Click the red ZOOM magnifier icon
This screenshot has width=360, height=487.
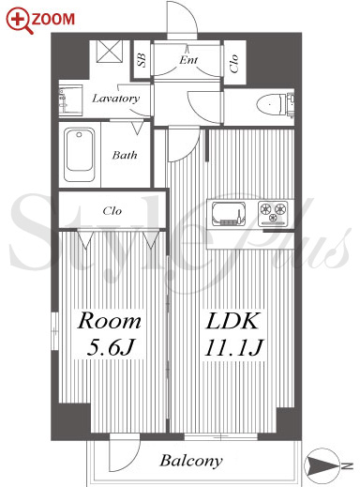click(x=20, y=21)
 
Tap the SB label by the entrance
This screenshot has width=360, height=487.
click(x=142, y=60)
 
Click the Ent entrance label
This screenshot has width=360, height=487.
click(x=188, y=59)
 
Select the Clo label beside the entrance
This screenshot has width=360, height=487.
click(x=234, y=64)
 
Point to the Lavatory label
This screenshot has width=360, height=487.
click(x=115, y=99)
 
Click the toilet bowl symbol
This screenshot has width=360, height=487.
click(x=271, y=103)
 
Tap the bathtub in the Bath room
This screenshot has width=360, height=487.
click(x=80, y=155)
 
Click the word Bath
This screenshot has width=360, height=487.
click(x=125, y=155)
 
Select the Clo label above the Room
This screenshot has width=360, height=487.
click(x=112, y=211)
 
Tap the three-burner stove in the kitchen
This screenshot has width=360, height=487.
click(x=273, y=213)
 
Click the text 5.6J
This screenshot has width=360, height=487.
click(x=111, y=347)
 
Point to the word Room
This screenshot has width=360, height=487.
click(x=109, y=321)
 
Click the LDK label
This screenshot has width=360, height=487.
click(x=232, y=321)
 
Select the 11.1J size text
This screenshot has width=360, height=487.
click(x=233, y=347)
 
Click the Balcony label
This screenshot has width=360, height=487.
click(x=191, y=461)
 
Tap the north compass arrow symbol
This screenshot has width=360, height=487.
click(x=322, y=466)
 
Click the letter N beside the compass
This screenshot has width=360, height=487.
click(x=347, y=466)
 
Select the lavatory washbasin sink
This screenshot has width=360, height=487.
click(x=70, y=100)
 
